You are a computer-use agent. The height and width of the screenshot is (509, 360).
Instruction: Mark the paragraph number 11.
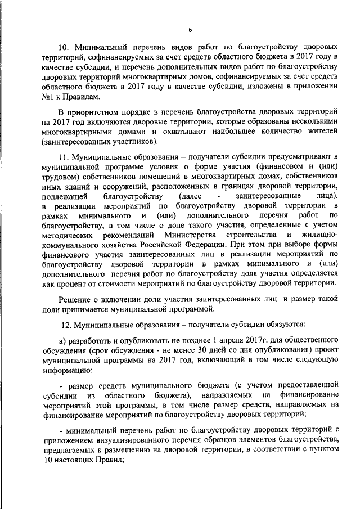(x=65, y=156)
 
